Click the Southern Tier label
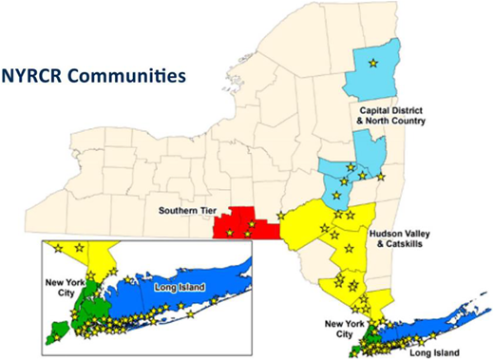point(185,211)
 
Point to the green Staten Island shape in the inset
point(58,331)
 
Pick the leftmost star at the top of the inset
point(59,248)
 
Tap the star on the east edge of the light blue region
point(381,177)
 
